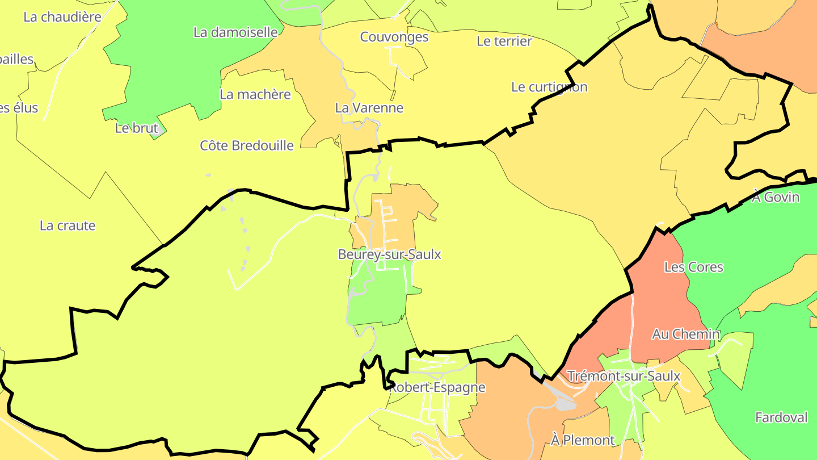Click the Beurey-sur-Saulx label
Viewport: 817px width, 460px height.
coord(389,254)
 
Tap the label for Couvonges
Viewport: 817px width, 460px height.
coord(394,37)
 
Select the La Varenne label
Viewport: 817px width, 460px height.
coord(369,108)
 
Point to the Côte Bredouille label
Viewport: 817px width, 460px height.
coord(247,146)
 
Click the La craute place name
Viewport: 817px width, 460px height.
coord(68,226)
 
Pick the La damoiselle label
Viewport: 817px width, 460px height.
coord(235,32)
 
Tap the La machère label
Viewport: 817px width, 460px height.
coord(255,95)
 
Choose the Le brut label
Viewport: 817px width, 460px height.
coord(136,128)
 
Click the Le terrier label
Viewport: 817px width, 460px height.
coord(504,41)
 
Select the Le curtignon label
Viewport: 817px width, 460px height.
coord(549,87)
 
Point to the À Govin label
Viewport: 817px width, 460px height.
coord(776,198)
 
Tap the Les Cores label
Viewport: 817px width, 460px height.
coord(693,267)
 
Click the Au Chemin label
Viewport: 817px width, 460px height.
coord(685,334)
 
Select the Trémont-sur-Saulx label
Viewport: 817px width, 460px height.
coord(624,376)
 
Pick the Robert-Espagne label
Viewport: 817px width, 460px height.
coord(437,388)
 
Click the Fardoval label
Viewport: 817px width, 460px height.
coord(781,418)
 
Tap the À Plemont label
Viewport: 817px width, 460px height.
coord(583,440)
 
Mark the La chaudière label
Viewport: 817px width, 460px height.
coord(62,17)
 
